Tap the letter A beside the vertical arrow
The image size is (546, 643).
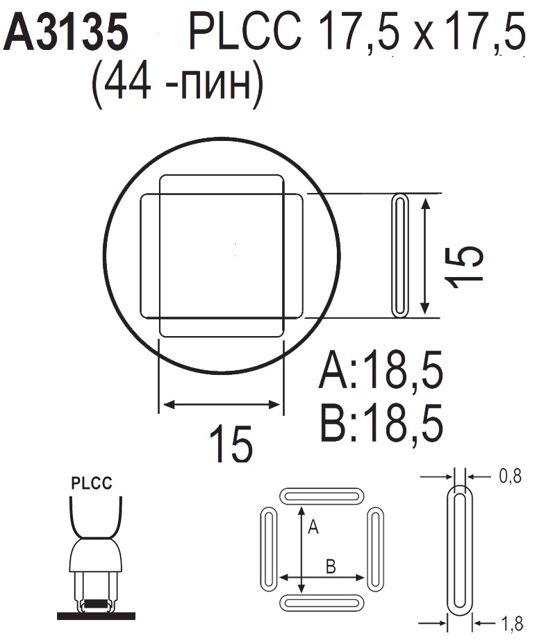point(313,528)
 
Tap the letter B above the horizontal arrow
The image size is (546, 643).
point(331,567)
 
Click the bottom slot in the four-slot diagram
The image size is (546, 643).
point(322,602)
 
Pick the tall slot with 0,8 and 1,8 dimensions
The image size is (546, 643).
point(459,550)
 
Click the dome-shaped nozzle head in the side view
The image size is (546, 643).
point(96,555)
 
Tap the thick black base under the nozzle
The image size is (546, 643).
point(96,615)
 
